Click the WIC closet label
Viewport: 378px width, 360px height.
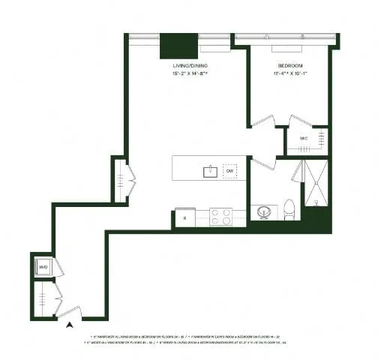[x=304, y=139]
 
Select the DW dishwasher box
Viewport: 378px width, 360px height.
[x=229, y=171]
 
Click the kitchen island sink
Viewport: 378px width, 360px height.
[x=210, y=171]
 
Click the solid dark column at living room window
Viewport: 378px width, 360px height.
[x=178, y=44]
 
